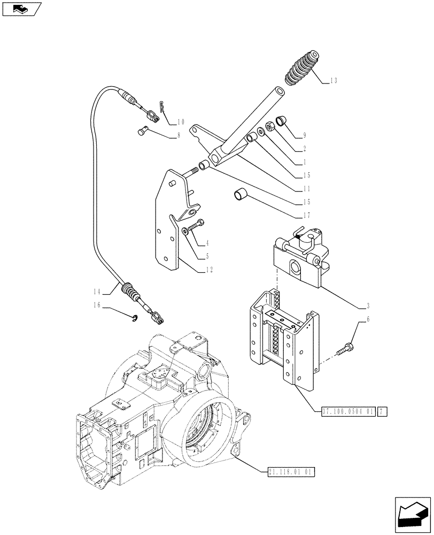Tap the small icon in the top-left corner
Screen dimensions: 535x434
[22, 9]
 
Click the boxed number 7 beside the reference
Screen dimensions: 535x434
[382, 411]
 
